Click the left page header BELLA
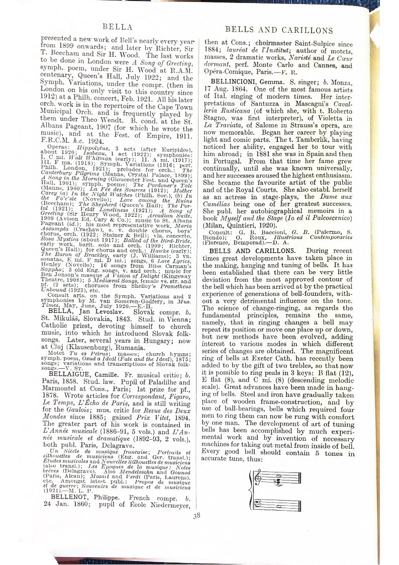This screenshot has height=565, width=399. click(x=117, y=26)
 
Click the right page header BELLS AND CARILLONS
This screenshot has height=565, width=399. click(x=279, y=30)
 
